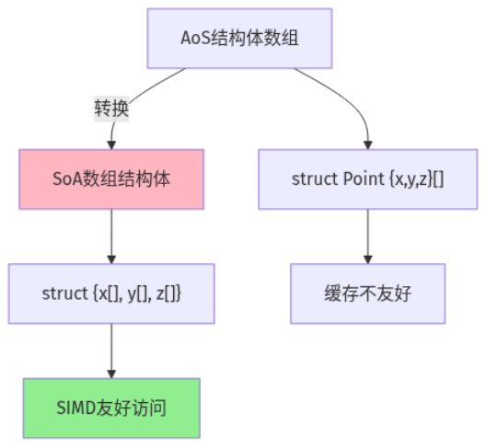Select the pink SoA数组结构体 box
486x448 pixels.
click(111, 178)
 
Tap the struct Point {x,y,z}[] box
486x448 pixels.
click(367, 178)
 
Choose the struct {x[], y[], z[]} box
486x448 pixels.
click(111, 293)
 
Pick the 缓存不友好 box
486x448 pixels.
click(367, 293)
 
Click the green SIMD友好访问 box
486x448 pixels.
click(111, 407)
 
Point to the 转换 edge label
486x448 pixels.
click(111, 109)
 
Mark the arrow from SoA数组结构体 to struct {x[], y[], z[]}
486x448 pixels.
click(111, 235)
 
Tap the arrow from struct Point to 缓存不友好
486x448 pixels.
click(367, 235)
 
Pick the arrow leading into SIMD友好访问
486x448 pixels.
click(111, 350)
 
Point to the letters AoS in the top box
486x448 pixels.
click(195, 39)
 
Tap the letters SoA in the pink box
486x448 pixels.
click(67, 178)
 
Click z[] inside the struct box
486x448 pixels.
click(168, 293)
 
